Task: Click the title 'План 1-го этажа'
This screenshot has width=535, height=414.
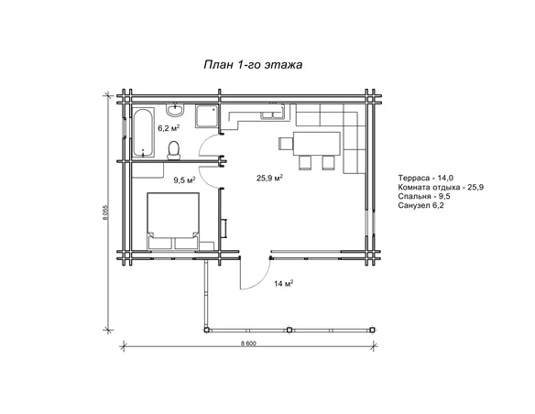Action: tap(253, 64)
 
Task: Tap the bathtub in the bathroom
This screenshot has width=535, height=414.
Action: tap(143, 132)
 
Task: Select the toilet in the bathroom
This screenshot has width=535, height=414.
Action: tap(174, 150)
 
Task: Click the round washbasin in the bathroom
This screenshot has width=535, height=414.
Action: tap(175, 109)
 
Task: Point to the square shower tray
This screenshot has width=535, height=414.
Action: tap(207, 116)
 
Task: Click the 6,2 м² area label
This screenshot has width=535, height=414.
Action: tap(169, 128)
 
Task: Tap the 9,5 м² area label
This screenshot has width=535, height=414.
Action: tap(184, 180)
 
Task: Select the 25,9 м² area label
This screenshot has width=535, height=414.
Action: tap(269, 178)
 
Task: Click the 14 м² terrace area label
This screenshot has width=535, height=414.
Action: tap(284, 283)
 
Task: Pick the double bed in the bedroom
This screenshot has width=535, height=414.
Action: tap(173, 221)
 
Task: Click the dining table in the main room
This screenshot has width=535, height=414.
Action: tap(317, 144)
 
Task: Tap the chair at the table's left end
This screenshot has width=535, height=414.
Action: tap(286, 144)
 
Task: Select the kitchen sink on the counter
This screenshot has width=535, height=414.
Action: tap(272, 114)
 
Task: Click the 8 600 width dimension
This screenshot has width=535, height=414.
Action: tap(248, 343)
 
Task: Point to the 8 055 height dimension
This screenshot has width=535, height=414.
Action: tap(105, 212)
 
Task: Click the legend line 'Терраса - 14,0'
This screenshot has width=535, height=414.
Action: tap(425, 178)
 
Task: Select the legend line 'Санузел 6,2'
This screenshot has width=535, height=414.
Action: tap(420, 205)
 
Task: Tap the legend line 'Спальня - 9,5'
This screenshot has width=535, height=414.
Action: tap(424, 196)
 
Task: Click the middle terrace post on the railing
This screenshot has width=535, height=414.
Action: tap(289, 330)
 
